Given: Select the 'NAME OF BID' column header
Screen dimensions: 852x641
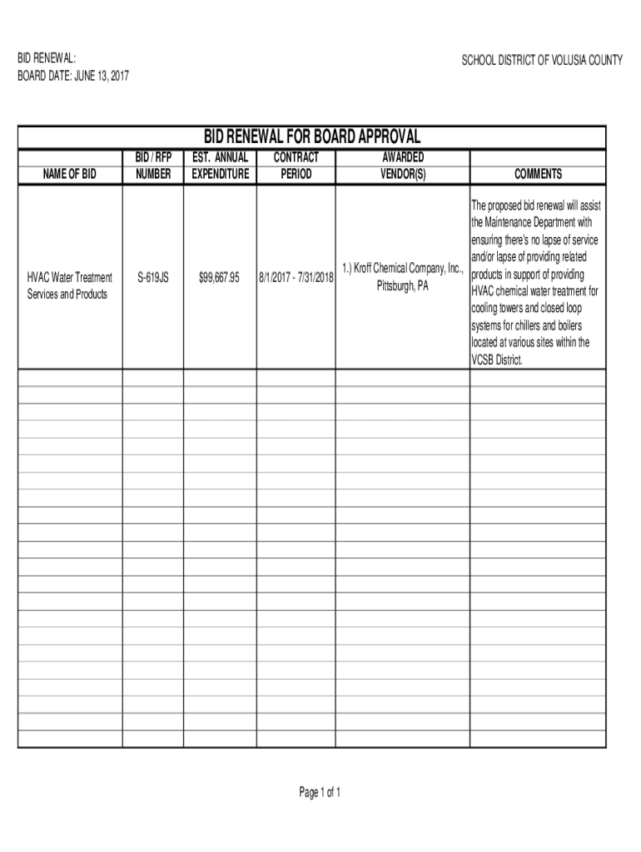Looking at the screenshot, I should pos(70,174).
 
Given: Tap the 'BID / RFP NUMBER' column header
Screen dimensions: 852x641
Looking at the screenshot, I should pos(153,166).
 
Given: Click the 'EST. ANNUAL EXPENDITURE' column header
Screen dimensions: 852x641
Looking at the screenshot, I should pos(220,166).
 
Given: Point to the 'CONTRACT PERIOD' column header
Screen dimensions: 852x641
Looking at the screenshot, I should pos(296,166).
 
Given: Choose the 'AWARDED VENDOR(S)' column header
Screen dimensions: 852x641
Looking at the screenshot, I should pos(402,166).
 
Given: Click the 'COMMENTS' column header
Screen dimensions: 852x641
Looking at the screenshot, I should pos(538,174).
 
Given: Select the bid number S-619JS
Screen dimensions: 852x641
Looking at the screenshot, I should pos(153,278).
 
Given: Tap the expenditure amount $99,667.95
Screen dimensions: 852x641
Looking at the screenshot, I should pos(220,278).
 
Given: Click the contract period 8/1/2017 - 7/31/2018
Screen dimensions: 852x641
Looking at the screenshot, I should pos(296,278).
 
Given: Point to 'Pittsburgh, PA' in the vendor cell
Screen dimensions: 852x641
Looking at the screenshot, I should pos(402,286).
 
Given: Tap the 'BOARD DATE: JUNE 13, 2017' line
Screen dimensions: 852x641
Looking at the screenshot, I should pos(73,77).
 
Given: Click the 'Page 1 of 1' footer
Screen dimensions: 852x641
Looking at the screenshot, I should pos(320,792).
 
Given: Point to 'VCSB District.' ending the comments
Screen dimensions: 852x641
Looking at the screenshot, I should pos(499,359).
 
